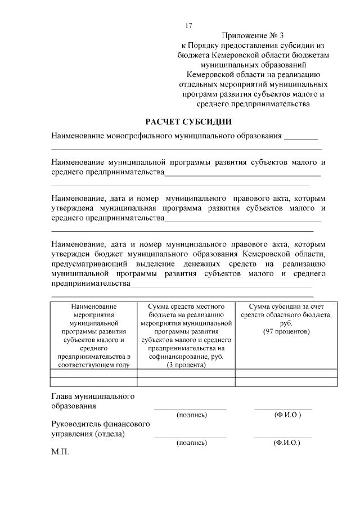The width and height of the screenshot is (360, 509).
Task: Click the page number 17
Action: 188,26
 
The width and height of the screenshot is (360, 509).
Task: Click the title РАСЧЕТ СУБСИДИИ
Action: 188,121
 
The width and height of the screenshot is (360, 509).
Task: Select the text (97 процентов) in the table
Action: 286,332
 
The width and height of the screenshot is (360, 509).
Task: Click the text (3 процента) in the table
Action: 186,365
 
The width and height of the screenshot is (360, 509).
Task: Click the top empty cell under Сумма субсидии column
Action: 286,373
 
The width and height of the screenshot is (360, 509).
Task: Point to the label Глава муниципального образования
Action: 93,401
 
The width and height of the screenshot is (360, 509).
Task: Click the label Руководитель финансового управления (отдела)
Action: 100,429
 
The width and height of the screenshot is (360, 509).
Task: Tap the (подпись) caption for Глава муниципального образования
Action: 191,415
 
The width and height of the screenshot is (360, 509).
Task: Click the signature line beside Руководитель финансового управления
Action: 190,436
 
